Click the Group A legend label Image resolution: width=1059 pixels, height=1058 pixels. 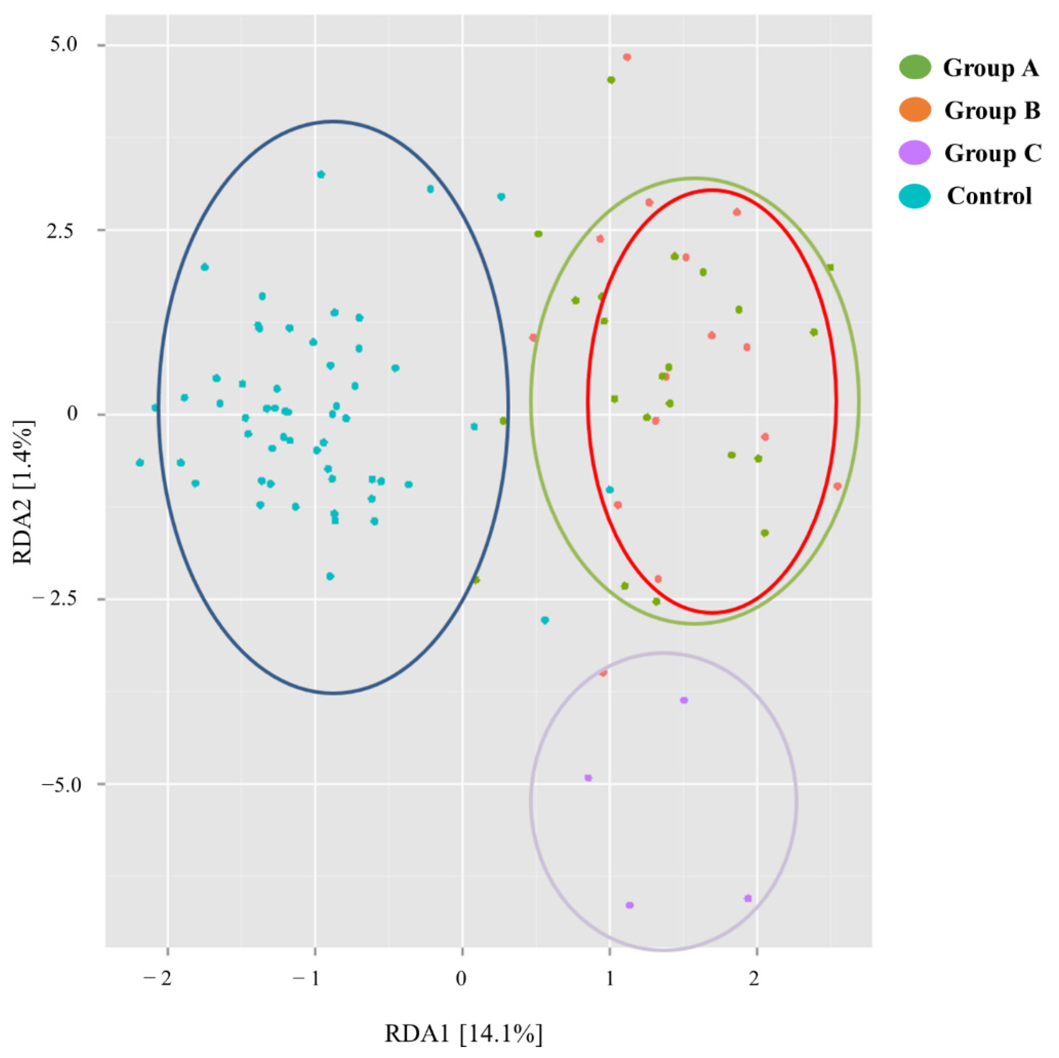(x=991, y=68)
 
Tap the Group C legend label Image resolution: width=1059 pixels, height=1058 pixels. (x=992, y=153)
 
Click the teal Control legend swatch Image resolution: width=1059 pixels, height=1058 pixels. (x=915, y=196)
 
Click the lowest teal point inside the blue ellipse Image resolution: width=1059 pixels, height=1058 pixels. (x=330, y=576)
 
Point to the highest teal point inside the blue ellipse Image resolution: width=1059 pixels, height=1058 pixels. (x=321, y=174)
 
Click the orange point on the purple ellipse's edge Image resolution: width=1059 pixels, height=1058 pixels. (x=603, y=673)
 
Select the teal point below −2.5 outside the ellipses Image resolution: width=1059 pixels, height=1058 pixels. (x=544, y=620)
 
